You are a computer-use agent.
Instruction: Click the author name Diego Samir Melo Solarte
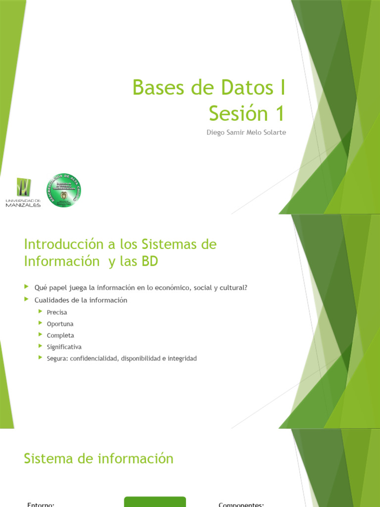pos(246,133)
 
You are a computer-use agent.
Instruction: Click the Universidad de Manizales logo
pos(23,192)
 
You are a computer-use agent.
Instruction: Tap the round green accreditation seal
pos(63,190)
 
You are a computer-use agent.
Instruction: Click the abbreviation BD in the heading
pos(149,262)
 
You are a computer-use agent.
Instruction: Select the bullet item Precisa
pos(57,312)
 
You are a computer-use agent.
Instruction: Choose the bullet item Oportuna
pos(60,324)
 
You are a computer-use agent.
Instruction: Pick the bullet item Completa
pos(60,335)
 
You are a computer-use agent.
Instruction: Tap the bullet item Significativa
pos(64,347)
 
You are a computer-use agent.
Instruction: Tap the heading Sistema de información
pos(98,458)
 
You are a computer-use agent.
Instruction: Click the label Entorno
pos(41,504)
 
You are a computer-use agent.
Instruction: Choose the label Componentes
pos(241,504)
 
